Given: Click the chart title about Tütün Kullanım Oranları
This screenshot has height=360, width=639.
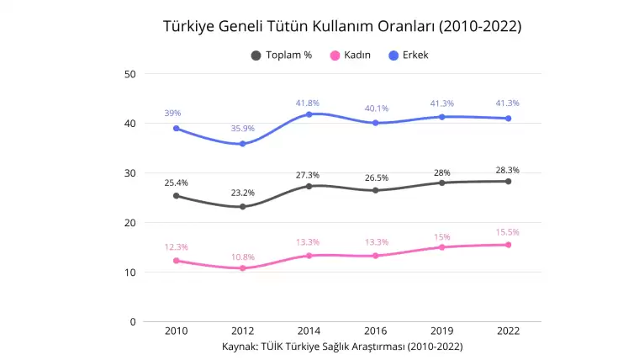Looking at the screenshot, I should pos(342,26).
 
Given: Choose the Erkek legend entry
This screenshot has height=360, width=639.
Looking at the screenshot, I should pos(414,56).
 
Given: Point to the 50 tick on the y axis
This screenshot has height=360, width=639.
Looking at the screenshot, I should pos(130,74).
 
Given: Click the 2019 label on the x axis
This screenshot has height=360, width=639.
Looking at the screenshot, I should pos(441,331).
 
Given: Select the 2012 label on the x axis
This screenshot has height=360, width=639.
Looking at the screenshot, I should pos(243,331).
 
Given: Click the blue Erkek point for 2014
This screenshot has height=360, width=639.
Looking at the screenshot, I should pos(309,114).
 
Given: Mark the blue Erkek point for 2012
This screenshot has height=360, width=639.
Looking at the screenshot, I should pos(243,144).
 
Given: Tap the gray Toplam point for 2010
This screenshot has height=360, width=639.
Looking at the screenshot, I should pos(177,196).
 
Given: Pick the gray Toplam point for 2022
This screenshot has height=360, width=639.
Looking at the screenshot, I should pos(508,182).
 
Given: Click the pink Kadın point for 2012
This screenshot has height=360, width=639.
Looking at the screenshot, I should pos(243,268).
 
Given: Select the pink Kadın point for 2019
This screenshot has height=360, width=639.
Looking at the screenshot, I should pos(441,247).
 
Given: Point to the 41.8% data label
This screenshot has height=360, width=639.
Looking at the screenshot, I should pos(308,103).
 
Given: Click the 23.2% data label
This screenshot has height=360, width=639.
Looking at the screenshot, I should pos(243,193).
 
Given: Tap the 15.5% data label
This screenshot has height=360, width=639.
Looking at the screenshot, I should pos(508,231).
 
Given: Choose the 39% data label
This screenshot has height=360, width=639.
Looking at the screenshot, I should pos(172,113).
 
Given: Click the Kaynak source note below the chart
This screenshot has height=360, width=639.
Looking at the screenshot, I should pos(342,346).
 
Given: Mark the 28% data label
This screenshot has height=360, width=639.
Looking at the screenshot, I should pos(441,173).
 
